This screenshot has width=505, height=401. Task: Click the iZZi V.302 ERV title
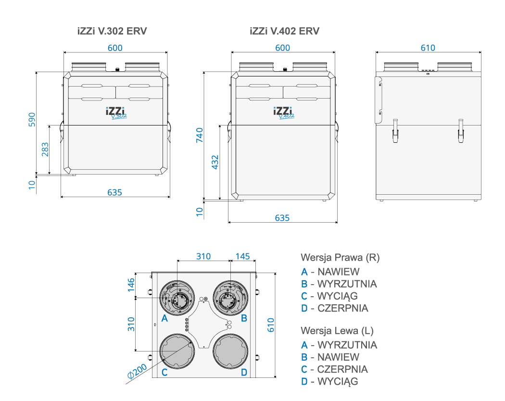tap(112, 31)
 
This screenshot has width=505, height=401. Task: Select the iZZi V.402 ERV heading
tap(284, 31)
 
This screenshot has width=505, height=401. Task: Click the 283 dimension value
tap(44, 150)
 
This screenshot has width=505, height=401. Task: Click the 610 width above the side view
tap(428, 48)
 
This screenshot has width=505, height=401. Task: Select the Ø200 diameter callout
tap(137, 370)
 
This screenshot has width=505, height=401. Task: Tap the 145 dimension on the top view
tap(243, 256)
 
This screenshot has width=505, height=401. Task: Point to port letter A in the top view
tap(164, 318)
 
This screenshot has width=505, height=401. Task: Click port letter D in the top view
tap(244, 372)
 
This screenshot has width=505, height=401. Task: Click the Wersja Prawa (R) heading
tap(340, 257)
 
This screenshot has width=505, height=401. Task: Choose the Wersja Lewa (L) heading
tap(337, 331)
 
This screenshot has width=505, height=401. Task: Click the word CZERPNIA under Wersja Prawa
tap(343, 308)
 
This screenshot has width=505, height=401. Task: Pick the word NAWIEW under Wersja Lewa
tap(338, 357)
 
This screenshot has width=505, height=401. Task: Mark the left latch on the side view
tap(395, 130)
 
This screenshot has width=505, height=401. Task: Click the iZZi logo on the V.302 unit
tap(115, 111)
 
